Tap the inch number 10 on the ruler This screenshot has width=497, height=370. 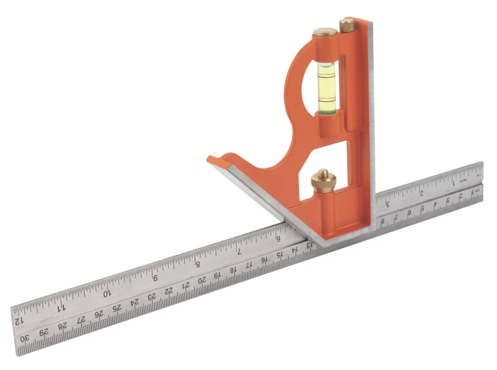(107, 293)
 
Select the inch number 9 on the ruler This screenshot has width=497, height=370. (155, 278)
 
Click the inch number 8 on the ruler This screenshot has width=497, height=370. (197, 265)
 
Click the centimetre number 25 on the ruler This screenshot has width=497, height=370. (117, 308)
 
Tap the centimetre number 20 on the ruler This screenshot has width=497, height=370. (202, 281)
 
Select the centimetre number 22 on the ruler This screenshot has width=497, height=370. (169, 292)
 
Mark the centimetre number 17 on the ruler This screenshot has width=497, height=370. (249, 265)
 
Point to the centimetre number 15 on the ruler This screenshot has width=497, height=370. (280, 255)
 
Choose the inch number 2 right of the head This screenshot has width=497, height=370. (421, 192)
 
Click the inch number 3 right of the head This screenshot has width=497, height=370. (387, 203)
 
